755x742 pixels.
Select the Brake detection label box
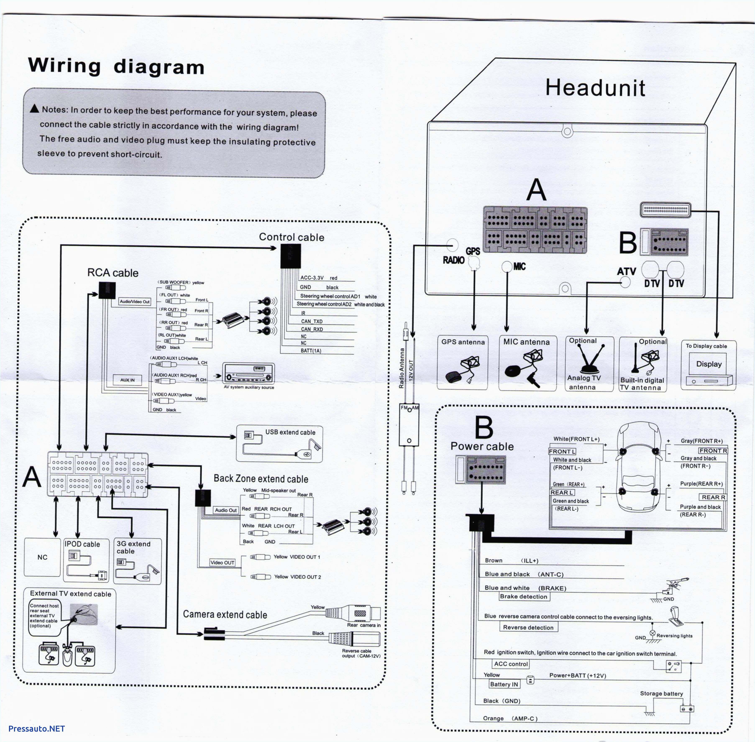(x=524, y=597)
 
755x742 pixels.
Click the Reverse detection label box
(x=528, y=627)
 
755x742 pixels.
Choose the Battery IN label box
(x=504, y=684)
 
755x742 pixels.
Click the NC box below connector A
(x=42, y=557)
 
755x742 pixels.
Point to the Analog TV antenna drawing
(x=591, y=359)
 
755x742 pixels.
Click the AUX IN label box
(x=127, y=380)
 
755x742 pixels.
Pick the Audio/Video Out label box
(x=134, y=302)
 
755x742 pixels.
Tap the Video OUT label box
(x=222, y=563)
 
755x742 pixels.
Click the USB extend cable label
(x=290, y=432)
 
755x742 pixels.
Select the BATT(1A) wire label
(x=311, y=351)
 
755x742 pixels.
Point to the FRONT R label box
(x=713, y=451)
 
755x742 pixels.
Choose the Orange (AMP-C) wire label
(x=510, y=719)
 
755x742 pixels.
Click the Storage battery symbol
(x=686, y=709)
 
